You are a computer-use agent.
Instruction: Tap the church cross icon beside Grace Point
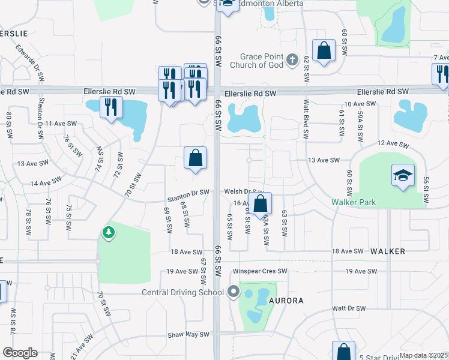click(292, 59)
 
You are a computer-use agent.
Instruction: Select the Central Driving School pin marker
click(234, 293)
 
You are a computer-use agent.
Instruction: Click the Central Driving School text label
click(182, 293)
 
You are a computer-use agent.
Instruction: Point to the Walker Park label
click(354, 202)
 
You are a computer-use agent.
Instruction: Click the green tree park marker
click(108, 232)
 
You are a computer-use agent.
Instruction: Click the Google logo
click(20, 353)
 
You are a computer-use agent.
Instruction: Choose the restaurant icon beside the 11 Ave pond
click(111, 107)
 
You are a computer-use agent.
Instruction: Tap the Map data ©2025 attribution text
click(424, 355)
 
